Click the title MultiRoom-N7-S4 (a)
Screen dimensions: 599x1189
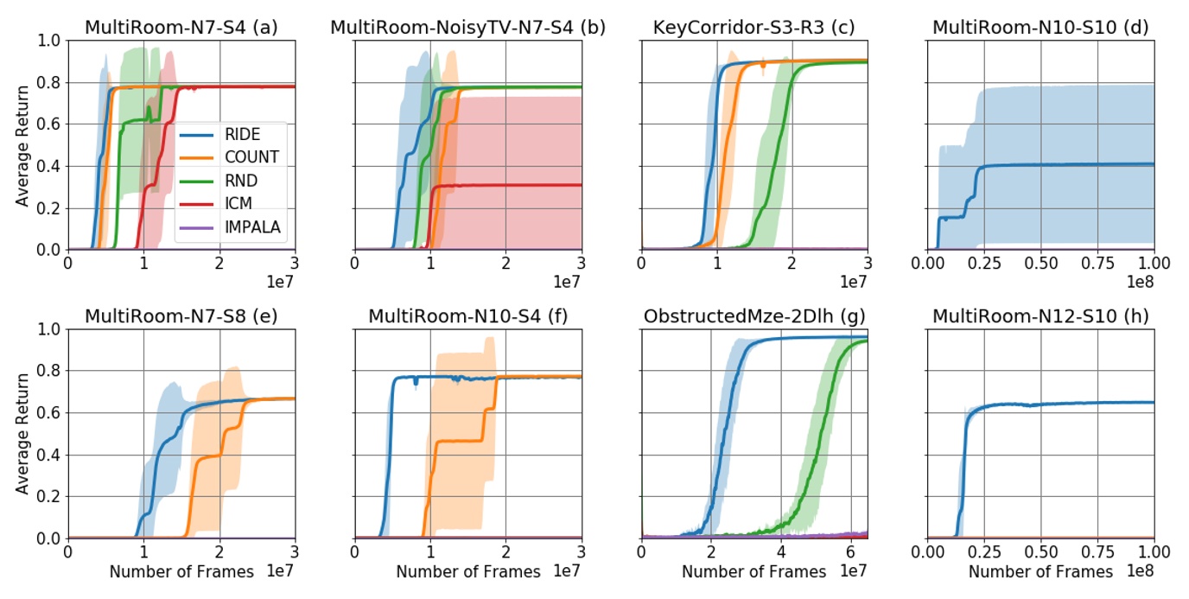pyautogui.click(x=181, y=27)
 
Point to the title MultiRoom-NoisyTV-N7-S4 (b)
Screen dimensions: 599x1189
pyautogui.click(x=467, y=27)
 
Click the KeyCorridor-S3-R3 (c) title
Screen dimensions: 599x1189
pyautogui.click(x=754, y=27)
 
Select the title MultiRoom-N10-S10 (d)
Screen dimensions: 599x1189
pyautogui.click(x=1040, y=27)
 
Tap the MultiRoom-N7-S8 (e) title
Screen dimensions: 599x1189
pyautogui.click(x=181, y=315)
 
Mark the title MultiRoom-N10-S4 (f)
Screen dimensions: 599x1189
pyautogui.click(x=467, y=315)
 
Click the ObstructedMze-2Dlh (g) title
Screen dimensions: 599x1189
pyautogui.click(x=754, y=315)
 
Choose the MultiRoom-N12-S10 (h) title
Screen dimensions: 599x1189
pyautogui.click(x=1040, y=315)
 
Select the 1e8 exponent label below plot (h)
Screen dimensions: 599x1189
pyautogui.click(x=1141, y=572)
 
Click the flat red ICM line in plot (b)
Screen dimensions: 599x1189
pyautogui.click(x=518, y=185)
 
